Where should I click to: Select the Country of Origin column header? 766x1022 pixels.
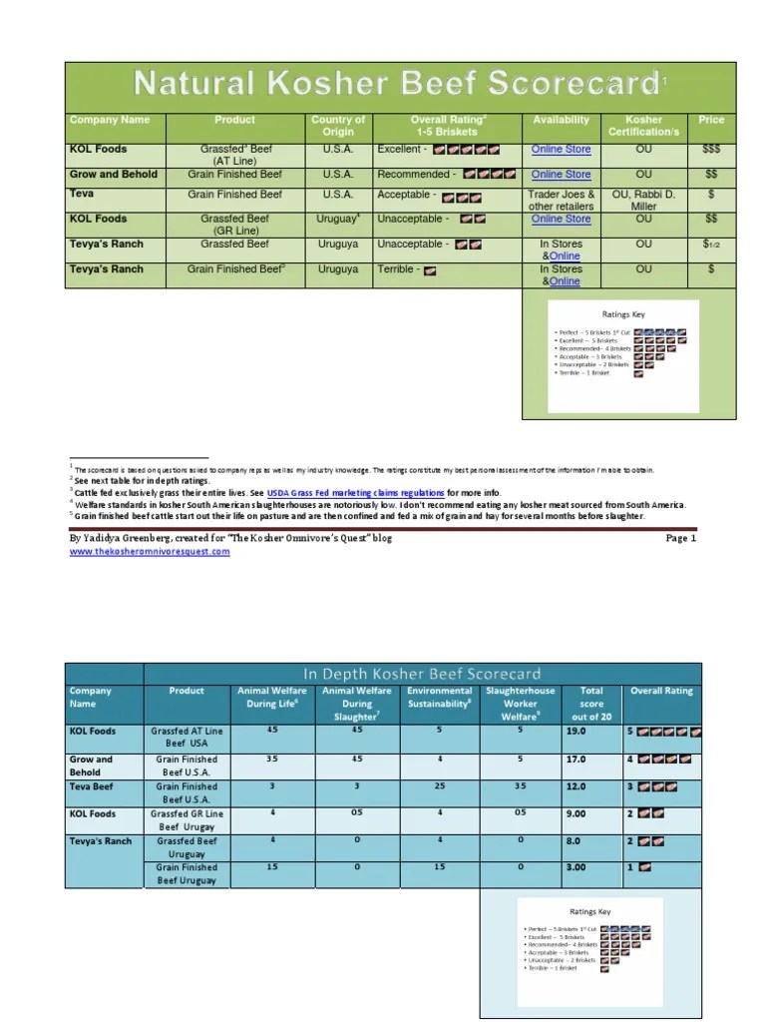338,126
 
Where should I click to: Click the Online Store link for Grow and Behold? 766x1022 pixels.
561,174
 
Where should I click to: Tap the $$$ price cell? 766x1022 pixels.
711,149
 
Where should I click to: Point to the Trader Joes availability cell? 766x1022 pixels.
561,200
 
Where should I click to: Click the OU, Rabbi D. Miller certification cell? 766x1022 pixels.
643,200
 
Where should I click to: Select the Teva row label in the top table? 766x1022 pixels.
83,194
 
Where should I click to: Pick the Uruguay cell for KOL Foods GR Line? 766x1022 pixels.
338,219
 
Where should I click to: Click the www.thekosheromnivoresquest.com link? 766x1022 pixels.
150,551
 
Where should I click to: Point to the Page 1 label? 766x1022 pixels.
682,538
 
